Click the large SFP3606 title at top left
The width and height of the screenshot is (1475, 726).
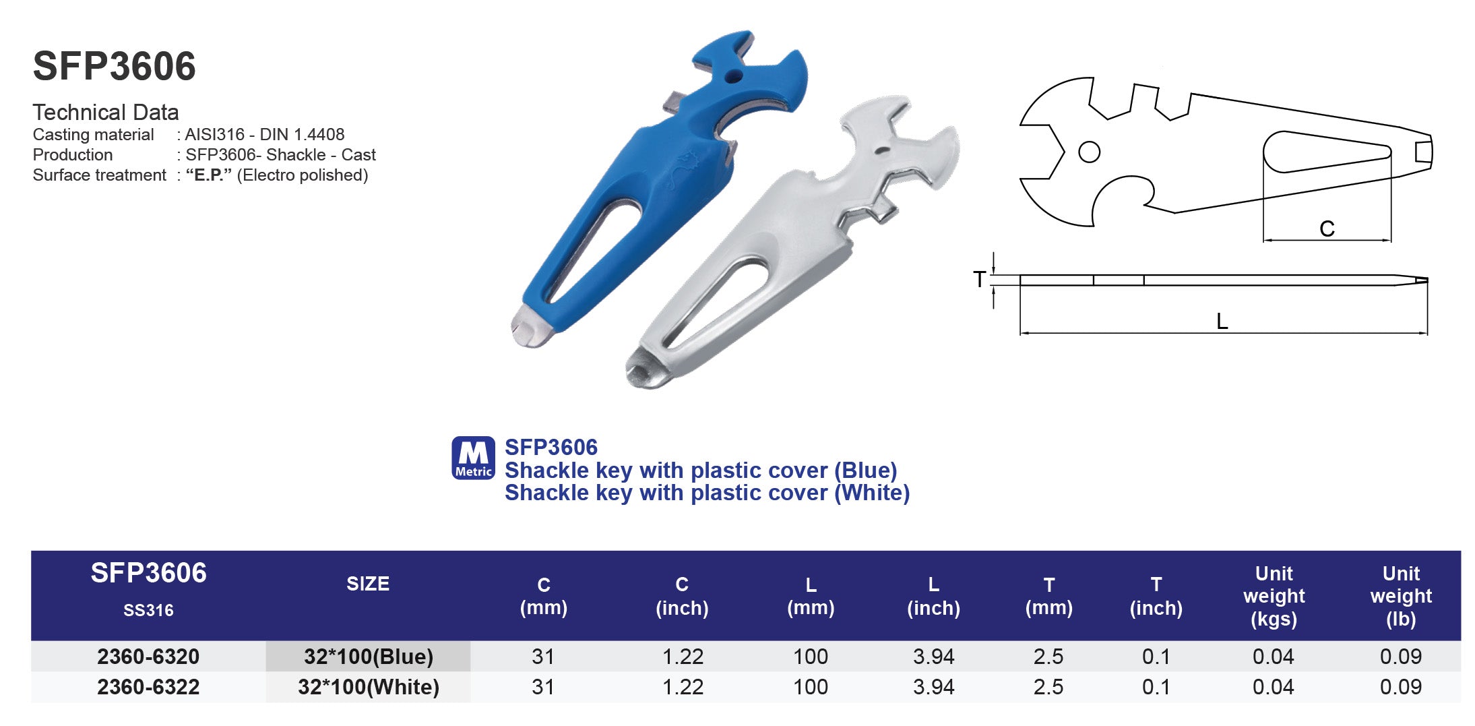coord(114,66)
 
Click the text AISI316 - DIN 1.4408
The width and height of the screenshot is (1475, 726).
coord(265,134)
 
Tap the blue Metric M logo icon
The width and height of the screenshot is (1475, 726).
coord(472,458)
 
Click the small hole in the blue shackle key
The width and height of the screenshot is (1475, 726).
coord(733,76)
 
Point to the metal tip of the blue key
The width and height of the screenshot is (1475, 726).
coord(530,328)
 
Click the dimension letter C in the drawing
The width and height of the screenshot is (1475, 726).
coord(1326,229)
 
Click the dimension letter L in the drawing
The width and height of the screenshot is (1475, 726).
coord(1222,322)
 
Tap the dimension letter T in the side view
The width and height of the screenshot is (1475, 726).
coord(979,279)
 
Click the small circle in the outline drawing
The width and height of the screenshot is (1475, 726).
coord(1089,152)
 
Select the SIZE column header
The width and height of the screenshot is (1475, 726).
coord(367,584)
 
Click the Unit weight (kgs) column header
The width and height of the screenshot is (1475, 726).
coord(1274,596)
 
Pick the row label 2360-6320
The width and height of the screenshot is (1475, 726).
coord(148,656)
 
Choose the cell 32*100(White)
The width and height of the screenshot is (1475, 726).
coord(368,687)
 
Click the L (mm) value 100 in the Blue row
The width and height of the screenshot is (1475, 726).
coord(810,656)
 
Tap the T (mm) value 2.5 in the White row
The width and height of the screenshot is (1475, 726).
coord(1048,687)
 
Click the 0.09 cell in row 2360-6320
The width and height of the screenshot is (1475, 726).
coord(1400,656)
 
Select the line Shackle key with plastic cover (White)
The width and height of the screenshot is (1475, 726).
coord(707,493)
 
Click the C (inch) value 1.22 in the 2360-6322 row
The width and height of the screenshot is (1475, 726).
coord(682,687)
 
